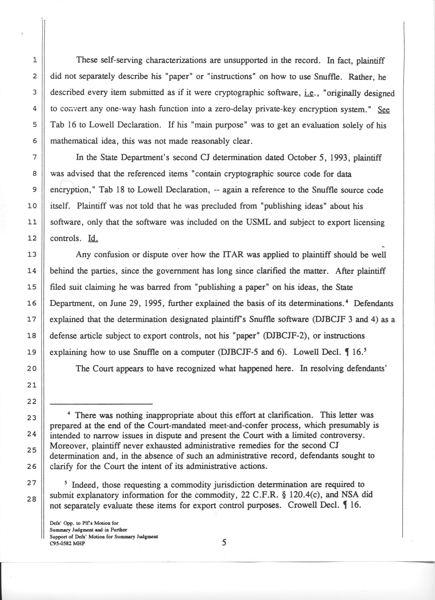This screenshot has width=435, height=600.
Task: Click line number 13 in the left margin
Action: pos(32,254)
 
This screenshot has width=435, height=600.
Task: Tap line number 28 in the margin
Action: pos(32,499)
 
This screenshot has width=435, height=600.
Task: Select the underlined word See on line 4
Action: pos(384,109)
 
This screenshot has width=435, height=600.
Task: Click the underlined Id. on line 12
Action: pos(93,238)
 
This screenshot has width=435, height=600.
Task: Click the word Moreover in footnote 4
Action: pos(69,446)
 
